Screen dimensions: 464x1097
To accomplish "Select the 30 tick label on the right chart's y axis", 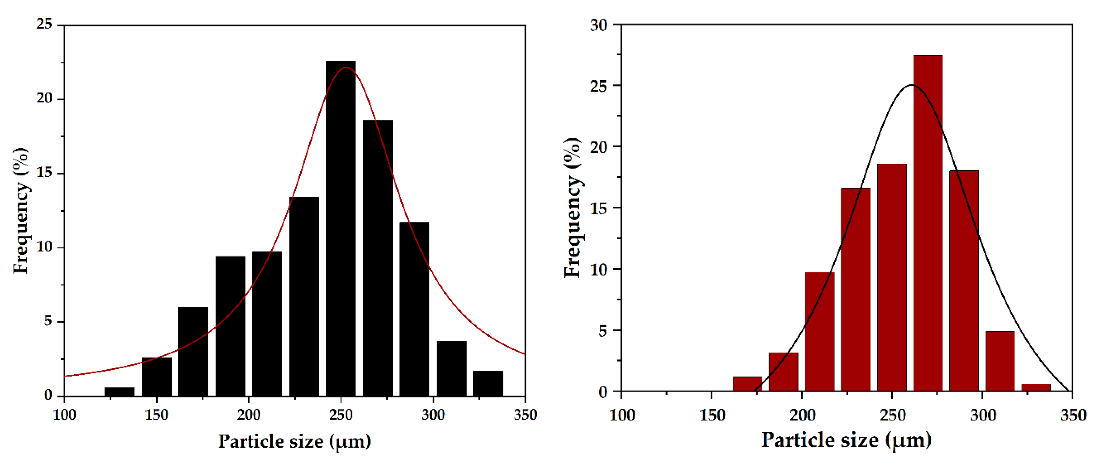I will [599, 25].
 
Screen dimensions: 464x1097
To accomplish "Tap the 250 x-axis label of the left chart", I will [341, 415].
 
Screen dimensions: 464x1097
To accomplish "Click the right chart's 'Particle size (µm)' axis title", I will [846, 440].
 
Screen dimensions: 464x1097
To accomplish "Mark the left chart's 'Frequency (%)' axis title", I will [20, 211].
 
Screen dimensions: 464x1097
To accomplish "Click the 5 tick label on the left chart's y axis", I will [48, 321].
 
